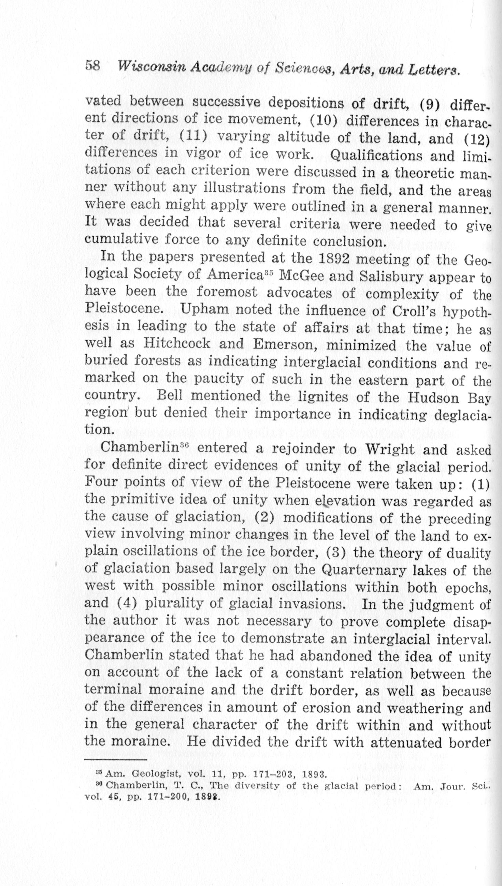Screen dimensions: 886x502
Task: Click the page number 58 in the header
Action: pos(92,66)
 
